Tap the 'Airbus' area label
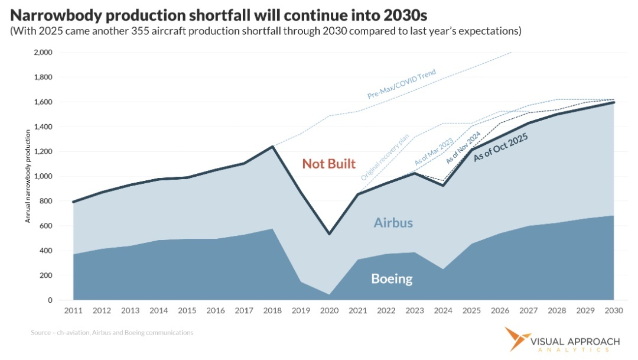pos(393,223)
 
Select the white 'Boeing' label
pos(391,278)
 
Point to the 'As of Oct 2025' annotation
pos(502,147)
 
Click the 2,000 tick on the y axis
pos(43,53)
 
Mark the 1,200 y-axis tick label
pos(43,152)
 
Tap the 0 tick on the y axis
pos(50,300)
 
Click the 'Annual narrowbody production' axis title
pos(27,176)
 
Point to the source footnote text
pos(112,333)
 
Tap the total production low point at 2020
pos(329,233)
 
